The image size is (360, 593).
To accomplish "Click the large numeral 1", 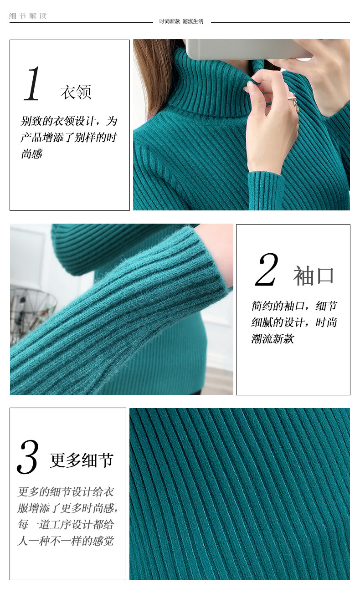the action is pyautogui.click(x=32, y=84).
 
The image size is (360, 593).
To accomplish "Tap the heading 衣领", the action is pyautogui.click(x=76, y=92).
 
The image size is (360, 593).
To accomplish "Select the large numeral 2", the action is pyautogui.click(x=267, y=269).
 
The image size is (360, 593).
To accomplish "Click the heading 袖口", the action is pyautogui.click(x=314, y=276).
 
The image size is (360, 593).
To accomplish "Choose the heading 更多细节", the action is pyautogui.click(x=82, y=460).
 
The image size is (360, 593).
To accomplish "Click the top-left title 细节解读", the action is pyautogui.click(x=28, y=16).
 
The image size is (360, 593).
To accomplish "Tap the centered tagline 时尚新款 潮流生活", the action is pyautogui.click(x=181, y=21).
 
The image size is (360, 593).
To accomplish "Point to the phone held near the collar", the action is pyautogui.click(x=249, y=50).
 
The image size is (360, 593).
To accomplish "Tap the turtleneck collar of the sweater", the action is pyautogui.click(x=209, y=85).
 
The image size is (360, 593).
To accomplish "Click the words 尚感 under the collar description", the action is pyautogui.click(x=31, y=154).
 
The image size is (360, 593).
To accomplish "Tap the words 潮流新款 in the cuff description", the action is pyautogui.click(x=273, y=338).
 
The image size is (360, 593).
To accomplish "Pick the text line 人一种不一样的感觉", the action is pyautogui.click(x=66, y=541).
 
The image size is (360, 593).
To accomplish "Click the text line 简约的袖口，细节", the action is pyautogui.click(x=294, y=306).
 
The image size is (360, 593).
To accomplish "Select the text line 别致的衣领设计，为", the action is pyautogui.click(x=69, y=121).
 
